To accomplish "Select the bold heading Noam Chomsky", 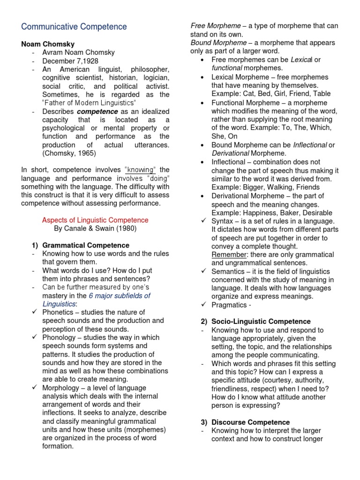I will pos(48,44).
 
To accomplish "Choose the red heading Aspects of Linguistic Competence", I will pos(95,220).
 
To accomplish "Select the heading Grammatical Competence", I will pos(86,245).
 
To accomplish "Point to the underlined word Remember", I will pos(228,255).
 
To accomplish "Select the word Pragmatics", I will pos(229,305).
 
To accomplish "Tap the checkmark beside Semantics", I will pos(204,271).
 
